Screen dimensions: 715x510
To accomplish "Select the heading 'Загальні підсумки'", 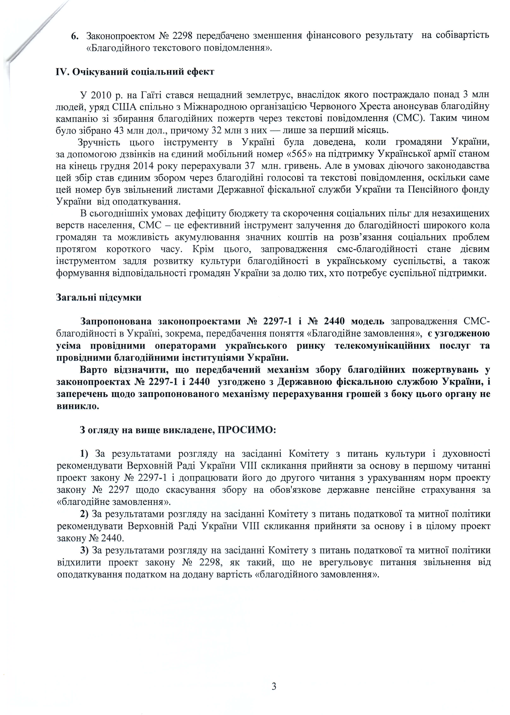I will click(99, 297).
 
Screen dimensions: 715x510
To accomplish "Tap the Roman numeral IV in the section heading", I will click(61, 72).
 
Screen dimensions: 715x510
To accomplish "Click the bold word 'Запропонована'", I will click(116, 322).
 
